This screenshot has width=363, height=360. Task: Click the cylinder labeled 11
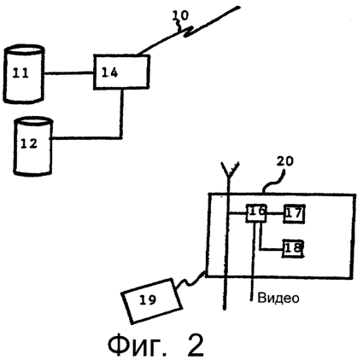[24, 73]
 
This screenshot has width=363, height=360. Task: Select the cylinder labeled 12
[33, 145]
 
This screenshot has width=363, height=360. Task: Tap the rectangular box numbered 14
[121, 72]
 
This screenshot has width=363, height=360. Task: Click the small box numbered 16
[256, 213]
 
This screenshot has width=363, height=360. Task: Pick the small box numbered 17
[294, 213]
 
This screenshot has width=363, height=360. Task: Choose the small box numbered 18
[293, 248]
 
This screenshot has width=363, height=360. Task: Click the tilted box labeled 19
[151, 300]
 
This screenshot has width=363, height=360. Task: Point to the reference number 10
[180, 16]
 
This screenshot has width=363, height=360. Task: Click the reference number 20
[284, 161]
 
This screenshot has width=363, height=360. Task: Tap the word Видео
[278, 298]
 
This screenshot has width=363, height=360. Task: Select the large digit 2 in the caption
[196, 345]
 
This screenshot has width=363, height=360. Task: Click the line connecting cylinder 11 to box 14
[69, 73]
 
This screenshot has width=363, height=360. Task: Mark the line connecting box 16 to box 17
[275, 213]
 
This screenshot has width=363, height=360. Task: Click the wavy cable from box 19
[190, 281]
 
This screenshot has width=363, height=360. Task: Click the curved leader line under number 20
[273, 183]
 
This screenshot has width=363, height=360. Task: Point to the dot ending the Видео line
[251, 299]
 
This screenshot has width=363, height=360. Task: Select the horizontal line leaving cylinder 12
[86, 138]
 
